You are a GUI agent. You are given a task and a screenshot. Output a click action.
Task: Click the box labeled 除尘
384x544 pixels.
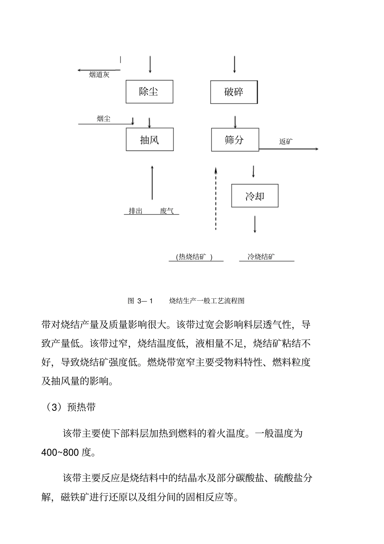coord(149,91)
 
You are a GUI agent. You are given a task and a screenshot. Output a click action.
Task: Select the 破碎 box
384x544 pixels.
coord(234,92)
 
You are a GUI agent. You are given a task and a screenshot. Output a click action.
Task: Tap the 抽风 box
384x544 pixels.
coord(150,140)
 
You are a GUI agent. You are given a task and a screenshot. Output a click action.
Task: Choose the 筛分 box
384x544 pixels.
coord(235,140)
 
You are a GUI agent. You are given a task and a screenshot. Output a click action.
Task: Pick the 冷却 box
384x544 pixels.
coord(255,196)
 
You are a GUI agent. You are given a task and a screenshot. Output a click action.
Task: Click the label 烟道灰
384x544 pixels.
coord(99,74)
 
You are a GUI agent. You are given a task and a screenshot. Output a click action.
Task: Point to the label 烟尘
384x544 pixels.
coord(103,119)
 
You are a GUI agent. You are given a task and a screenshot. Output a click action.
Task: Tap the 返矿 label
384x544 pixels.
coord(286,141)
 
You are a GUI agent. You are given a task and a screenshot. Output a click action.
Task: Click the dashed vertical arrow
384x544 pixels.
coord(215,198)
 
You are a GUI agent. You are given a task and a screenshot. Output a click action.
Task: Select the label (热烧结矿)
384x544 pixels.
coord(194,257)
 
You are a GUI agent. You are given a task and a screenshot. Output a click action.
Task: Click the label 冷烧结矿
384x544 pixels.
coord(262,257)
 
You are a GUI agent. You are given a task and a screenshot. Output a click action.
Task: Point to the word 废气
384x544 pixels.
coord(167,211)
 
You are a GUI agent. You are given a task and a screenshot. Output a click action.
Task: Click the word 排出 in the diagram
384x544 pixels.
coord(135,211)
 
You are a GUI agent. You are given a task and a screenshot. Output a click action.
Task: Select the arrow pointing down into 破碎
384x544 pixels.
coord(234,64)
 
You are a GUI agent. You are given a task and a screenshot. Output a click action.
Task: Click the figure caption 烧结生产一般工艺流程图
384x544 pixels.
coord(207,301)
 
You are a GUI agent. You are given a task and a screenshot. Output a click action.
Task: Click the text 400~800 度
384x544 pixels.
coord(68,452)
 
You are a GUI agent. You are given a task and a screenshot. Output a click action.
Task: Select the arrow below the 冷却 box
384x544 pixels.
coord(255,224)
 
